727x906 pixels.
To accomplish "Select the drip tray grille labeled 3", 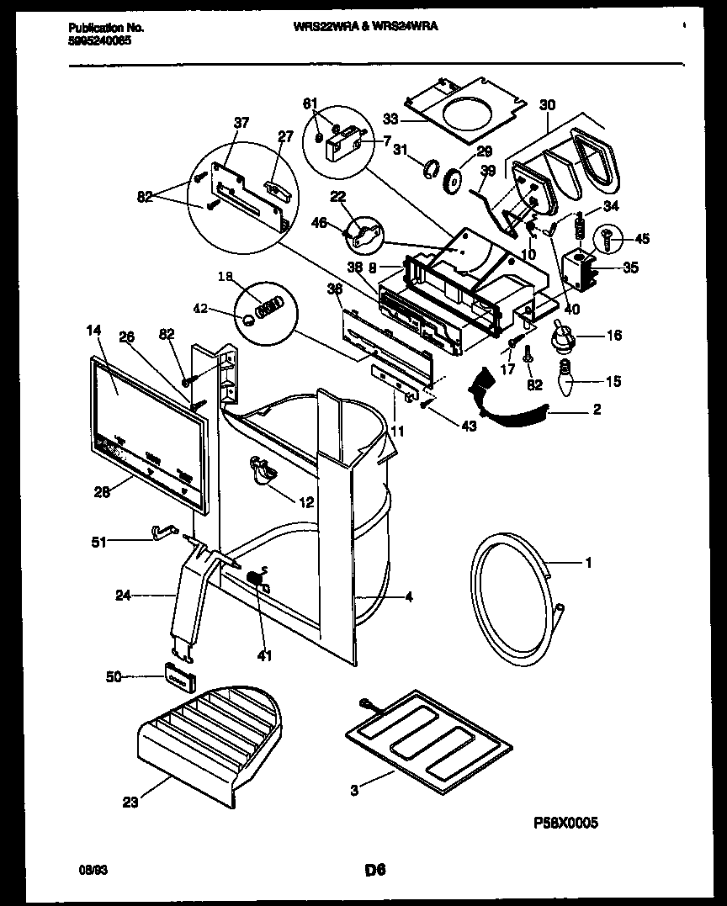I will pyautogui.click(x=430, y=737).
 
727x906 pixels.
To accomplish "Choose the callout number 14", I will pyautogui.click(x=92, y=332).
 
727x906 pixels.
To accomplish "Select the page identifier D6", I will pyautogui.click(x=374, y=870).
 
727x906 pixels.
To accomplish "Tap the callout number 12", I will pyautogui.click(x=306, y=502).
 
